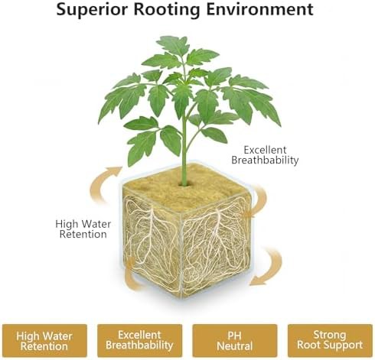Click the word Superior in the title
[92, 9]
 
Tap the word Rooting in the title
[167, 10]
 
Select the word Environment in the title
[259, 9]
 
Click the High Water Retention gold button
[44, 341]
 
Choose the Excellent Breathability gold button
[139, 341]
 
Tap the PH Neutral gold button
[235, 341]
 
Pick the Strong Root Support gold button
[330, 341]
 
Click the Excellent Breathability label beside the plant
[265, 155]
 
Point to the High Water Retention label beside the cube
[83, 229]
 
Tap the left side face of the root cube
[152, 242]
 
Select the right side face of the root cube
[216, 245]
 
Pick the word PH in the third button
[234, 336]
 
